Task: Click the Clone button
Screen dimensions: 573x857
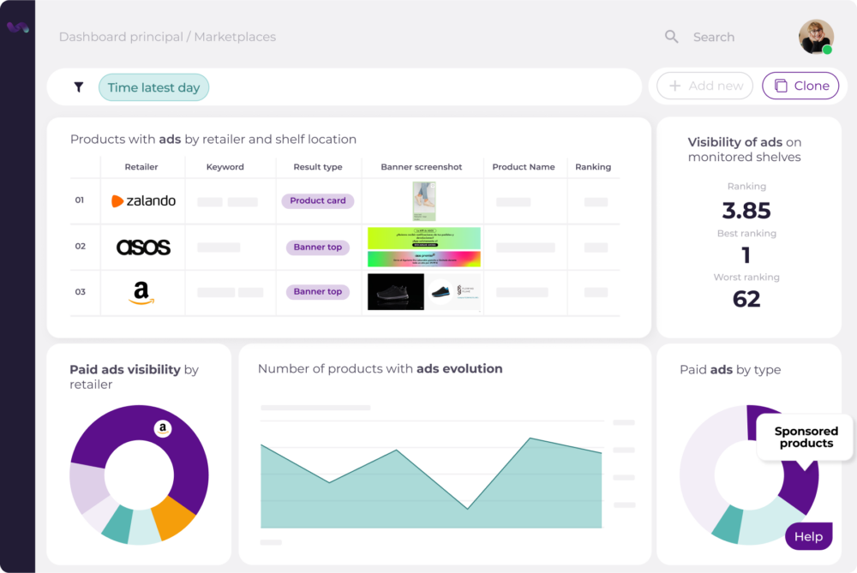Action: [800, 86]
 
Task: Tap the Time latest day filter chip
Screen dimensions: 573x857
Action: [153, 87]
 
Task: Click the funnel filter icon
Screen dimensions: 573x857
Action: [79, 87]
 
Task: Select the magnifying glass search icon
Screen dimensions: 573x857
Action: [672, 37]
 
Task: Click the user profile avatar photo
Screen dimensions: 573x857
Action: [815, 37]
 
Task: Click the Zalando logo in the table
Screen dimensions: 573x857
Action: [143, 201]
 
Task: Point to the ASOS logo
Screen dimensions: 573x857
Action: [143, 248]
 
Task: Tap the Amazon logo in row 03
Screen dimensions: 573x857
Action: [141, 292]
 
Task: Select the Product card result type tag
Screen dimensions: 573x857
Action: [317, 201]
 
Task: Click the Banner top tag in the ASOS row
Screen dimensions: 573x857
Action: [317, 248]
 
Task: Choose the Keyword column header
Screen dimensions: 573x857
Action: [225, 167]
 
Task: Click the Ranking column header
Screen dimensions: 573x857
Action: [593, 167]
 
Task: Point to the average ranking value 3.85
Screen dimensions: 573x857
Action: [746, 211]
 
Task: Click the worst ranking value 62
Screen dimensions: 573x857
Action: [746, 299]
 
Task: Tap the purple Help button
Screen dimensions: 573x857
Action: [808, 537]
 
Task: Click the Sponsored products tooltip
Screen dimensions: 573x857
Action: [806, 438]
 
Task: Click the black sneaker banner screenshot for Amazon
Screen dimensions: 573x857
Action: [396, 292]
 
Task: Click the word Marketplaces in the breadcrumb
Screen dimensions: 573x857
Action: [235, 37]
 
